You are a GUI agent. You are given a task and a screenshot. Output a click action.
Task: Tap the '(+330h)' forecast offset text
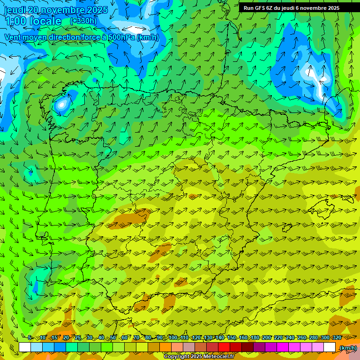(x=83, y=21)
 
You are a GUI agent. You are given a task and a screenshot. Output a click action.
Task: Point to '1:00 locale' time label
(x=33, y=21)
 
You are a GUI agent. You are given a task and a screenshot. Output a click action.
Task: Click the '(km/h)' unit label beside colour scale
(x=348, y=348)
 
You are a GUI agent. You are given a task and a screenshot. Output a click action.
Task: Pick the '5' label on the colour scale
(x=30, y=338)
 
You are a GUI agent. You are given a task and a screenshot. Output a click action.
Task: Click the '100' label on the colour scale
(x=172, y=338)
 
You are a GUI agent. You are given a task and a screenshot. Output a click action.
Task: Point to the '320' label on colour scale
(x=337, y=338)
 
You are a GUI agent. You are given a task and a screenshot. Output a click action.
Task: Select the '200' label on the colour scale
(x=267, y=338)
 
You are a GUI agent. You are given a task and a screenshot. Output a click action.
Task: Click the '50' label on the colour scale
(x=113, y=338)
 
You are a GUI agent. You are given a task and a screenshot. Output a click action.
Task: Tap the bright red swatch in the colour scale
(x=224, y=347)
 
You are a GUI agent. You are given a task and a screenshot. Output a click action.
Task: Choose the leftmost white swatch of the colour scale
(x=25, y=347)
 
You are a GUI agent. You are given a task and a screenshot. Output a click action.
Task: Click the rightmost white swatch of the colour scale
(x=330, y=347)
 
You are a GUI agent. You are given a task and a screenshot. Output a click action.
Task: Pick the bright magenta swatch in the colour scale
(x=283, y=347)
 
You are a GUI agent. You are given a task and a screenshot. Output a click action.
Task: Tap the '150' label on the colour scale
(x=232, y=338)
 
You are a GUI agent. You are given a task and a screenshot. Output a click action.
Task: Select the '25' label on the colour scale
(x=78, y=338)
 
